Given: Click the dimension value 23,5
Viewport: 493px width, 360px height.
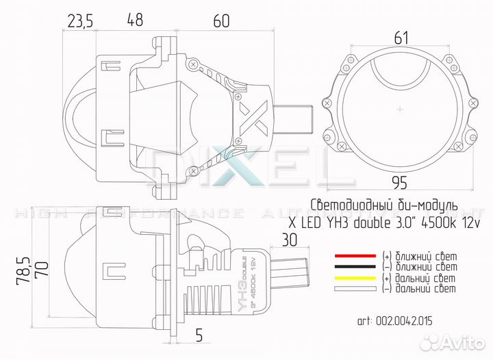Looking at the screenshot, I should [80, 21].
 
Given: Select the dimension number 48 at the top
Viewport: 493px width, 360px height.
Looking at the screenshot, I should [136, 21].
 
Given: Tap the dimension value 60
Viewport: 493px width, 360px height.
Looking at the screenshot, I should [220, 21].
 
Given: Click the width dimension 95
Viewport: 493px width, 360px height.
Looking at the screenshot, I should [402, 181].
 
